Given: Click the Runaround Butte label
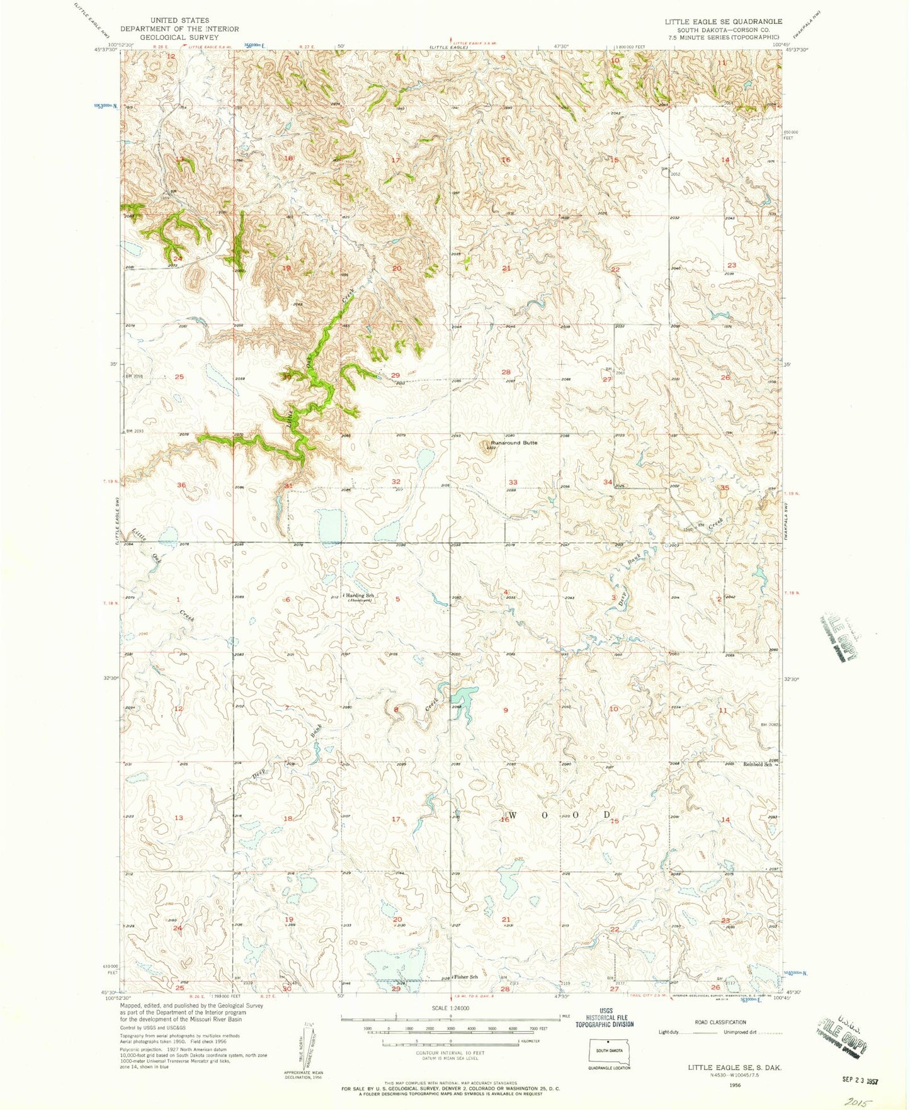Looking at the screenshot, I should (515, 443).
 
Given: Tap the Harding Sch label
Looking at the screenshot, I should (360, 595).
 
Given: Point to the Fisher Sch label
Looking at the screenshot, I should (466, 977).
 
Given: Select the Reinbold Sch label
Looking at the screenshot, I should (757, 764).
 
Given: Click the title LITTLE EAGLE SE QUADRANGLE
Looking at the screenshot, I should (723, 21).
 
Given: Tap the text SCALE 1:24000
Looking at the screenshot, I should (450, 1008).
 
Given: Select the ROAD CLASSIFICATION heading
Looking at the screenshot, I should (720, 1022).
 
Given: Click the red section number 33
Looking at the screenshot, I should (513, 482).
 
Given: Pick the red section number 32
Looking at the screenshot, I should (396, 482).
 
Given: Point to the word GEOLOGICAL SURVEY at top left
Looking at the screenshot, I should (179, 37).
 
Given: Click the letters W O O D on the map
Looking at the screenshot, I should (559, 815).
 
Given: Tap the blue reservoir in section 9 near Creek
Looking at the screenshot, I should (464, 696).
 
